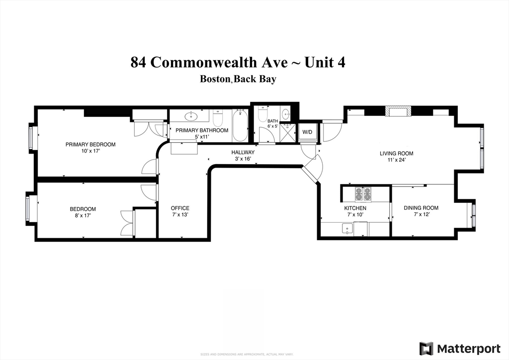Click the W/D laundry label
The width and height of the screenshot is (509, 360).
[x=307, y=132]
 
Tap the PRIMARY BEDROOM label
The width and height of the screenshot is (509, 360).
[x=90, y=145]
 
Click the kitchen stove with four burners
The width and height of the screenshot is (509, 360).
[x=362, y=193]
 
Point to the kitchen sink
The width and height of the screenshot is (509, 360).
[x=346, y=229]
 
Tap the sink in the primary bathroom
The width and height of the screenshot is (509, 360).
[x=190, y=117]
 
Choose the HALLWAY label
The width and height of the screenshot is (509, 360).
[x=243, y=153]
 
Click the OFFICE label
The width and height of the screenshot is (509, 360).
[x=180, y=208]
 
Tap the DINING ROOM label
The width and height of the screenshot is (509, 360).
[x=421, y=208]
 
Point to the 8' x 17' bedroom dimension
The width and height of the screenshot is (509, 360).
[x=83, y=216]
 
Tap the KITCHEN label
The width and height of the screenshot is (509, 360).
[x=356, y=208]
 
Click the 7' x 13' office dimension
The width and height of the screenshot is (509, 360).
[x=180, y=215]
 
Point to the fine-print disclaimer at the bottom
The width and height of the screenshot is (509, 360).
[x=247, y=354]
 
